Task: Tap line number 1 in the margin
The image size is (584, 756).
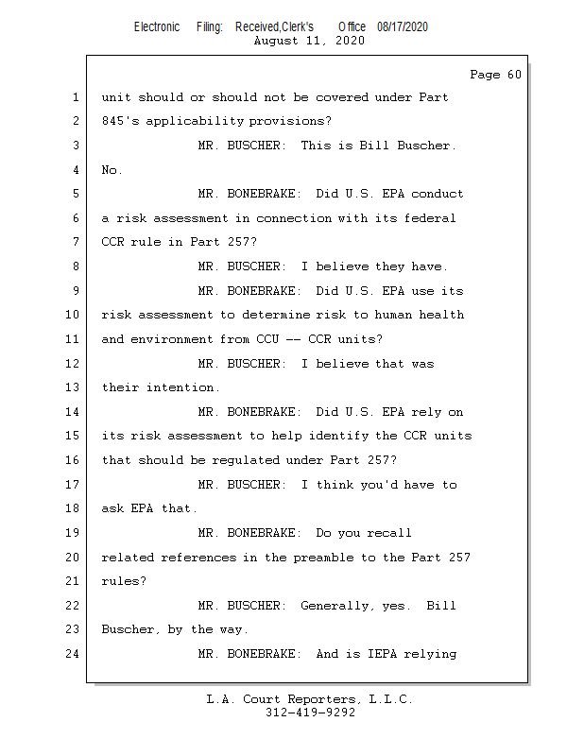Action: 76,97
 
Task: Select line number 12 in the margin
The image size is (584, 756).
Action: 73,364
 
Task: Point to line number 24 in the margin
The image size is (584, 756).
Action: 73,654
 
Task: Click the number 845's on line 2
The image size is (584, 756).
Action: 123,121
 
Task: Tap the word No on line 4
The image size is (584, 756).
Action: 112,170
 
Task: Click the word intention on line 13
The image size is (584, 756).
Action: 182,387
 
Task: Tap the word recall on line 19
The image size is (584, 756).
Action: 388,533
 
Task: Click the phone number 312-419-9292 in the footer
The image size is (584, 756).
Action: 310,713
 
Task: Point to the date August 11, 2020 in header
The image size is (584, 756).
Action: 310,41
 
